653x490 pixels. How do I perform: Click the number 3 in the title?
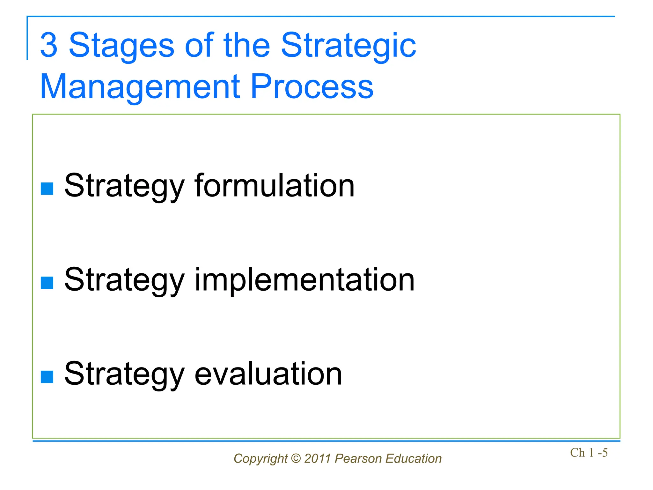point(49,45)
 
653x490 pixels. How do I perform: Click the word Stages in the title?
point(121,45)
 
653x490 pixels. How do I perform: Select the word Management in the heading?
point(140,87)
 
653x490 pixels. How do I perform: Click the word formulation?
point(274,186)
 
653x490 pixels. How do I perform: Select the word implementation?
point(304,280)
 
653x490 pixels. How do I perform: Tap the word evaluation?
point(268,374)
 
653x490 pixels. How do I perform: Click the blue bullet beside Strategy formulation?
point(47,189)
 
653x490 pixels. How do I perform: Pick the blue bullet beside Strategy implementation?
point(47,283)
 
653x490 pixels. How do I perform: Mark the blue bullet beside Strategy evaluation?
point(47,377)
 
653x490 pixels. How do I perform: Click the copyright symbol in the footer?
point(296,458)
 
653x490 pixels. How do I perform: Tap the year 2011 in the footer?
point(318,458)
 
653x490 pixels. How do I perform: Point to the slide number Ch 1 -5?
point(589,453)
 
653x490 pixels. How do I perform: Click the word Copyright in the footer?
point(260,459)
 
